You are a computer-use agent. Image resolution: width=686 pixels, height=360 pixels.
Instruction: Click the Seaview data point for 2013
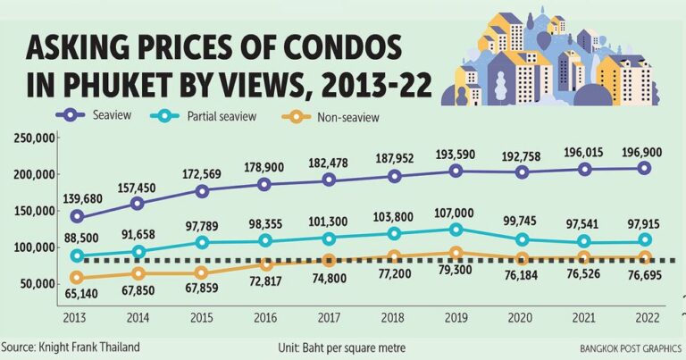[78, 216]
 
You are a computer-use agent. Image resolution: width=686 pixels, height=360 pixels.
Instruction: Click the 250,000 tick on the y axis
[32, 138]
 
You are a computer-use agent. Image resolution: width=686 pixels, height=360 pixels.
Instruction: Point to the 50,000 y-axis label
[36, 283]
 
